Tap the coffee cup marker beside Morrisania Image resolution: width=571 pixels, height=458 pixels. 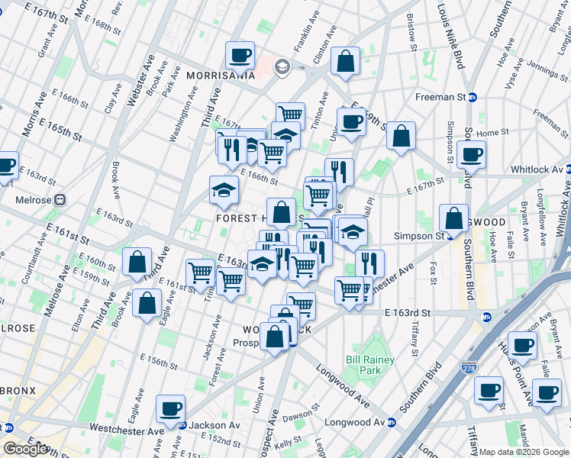[240, 56]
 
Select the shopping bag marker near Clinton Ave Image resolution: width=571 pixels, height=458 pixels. [346, 63]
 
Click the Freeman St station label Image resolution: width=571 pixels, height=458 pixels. [441, 97]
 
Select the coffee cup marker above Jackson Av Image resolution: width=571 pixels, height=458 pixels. [171, 408]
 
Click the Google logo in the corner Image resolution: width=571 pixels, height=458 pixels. [24, 449]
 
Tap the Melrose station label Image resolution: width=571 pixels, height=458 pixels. [34, 200]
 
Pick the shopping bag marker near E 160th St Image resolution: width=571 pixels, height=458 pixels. [137, 262]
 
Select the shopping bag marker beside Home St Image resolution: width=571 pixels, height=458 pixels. [401, 137]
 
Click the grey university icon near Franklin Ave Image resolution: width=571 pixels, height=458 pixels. [282, 66]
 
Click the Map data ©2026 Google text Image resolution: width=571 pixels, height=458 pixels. [524, 452]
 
